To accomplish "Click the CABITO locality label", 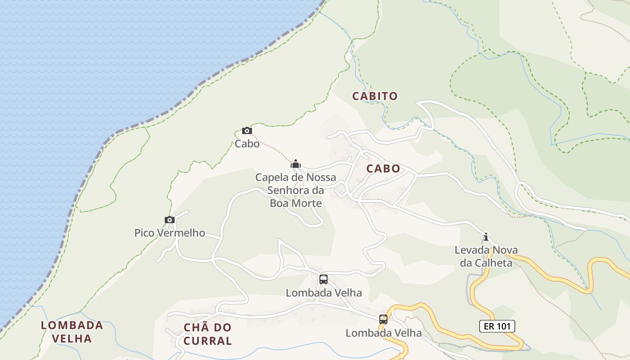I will pyautogui.click(x=375, y=96).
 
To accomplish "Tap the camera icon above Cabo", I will pyautogui.click(x=247, y=131).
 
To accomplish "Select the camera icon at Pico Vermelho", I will pyautogui.click(x=170, y=220).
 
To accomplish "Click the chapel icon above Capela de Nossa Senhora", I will pyautogui.click(x=296, y=164).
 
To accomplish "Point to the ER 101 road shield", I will pyautogui.click(x=497, y=326).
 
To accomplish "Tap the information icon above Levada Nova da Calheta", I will pyautogui.click(x=486, y=237).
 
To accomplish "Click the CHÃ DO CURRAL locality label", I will pyautogui.click(x=207, y=334).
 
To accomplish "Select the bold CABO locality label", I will pyautogui.click(x=383, y=169).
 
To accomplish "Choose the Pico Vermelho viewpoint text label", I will pyautogui.click(x=170, y=233).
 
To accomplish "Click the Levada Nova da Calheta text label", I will pyautogui.click(x=486, y=256).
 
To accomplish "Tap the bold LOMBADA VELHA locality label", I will pyautogui.click(x=72, y=332).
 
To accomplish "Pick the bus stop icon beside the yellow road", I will pyautogui.click(x=383, y=319).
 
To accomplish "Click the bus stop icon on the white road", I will pyautogui.click(x=324, y=279).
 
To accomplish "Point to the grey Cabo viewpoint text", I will pyautogui.click(x=247, y=144).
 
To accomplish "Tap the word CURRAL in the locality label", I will pyautogui.click(x=207, y=341).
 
